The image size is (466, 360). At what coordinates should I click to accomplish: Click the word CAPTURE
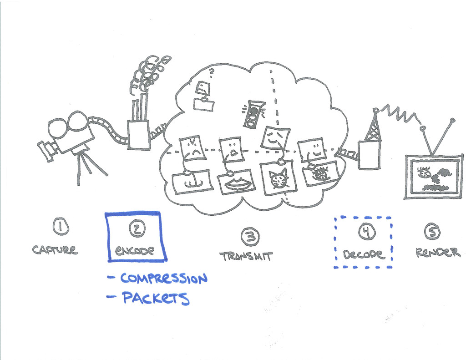[x=55, y=249]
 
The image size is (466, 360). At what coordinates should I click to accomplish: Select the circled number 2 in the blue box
[x=136, y=229]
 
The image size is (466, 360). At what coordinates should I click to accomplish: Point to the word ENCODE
[x=135, y=250]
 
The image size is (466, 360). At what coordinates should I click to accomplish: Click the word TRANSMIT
[x=246, y=256]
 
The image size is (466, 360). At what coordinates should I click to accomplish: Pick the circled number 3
[x=250, y=236]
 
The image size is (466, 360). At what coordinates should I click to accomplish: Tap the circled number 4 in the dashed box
[x=366, y=232]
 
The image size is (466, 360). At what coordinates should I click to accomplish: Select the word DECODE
[x=364, y=254]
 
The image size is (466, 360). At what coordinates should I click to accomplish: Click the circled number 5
[x=432, y=232]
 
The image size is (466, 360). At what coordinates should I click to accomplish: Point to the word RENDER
[x=438, y=253]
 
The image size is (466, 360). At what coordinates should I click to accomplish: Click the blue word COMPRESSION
[x=163, y=278]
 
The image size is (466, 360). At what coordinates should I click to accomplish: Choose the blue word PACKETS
[x=155, y=298]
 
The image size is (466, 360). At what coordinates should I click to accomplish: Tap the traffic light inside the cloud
[x=253, y=114]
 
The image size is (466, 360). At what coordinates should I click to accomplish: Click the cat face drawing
[x=279, y=179]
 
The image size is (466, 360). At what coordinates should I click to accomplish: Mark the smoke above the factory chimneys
[x=148, y=75]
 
